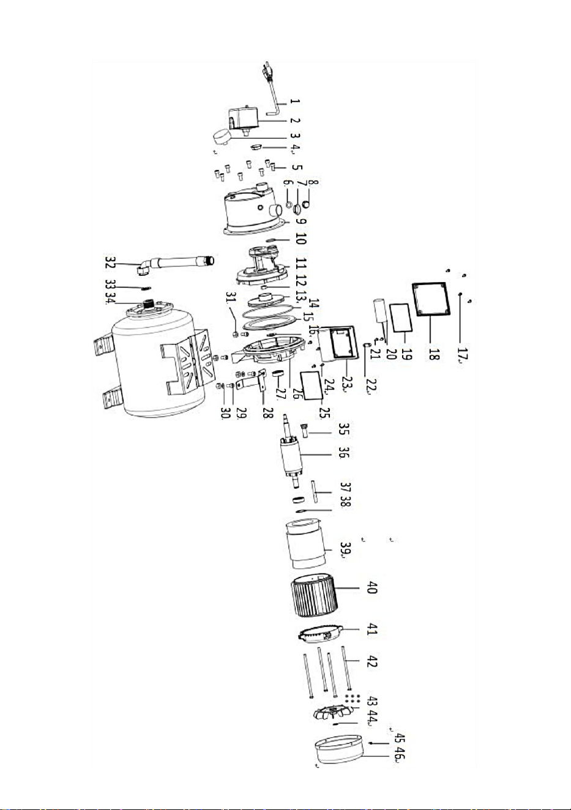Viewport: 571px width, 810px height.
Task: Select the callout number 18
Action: (433, 351)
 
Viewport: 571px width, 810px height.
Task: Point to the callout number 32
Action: (110, 262)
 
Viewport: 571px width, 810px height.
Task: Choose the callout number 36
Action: (344, 453)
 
